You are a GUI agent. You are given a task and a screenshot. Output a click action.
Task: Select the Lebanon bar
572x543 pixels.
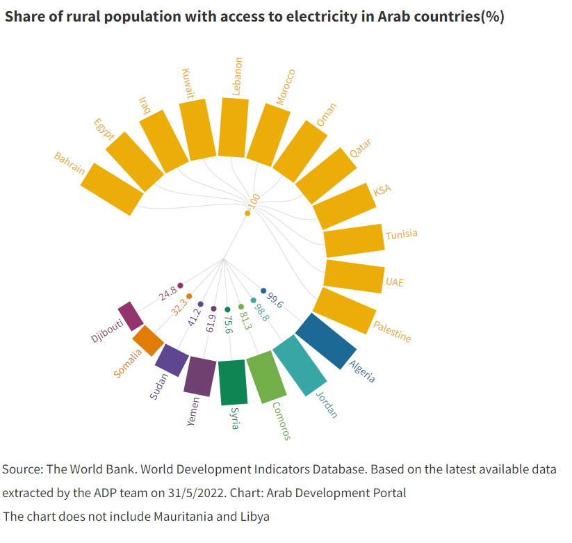[x=234, y=127]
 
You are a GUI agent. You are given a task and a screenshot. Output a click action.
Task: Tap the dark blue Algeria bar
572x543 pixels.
[x=326, y=341]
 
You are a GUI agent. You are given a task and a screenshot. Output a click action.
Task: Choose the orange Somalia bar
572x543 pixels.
[x=147, y=340]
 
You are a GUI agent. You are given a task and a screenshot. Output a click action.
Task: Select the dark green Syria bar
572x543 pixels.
[x=232, y=382]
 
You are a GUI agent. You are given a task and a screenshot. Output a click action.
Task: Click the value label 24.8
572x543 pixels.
[x=167, y=292]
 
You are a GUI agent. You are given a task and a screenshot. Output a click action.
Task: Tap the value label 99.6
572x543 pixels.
[x=275, y=300]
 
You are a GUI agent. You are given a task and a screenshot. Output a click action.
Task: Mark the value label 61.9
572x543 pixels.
[x=211, y=323]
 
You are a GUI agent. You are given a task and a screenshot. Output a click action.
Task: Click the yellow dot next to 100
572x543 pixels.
[x=247, y=213]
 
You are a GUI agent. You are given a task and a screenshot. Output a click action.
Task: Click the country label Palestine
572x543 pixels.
[x=392, y=332]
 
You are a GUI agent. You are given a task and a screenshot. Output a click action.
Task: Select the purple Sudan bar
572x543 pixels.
[x=172, y=359]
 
